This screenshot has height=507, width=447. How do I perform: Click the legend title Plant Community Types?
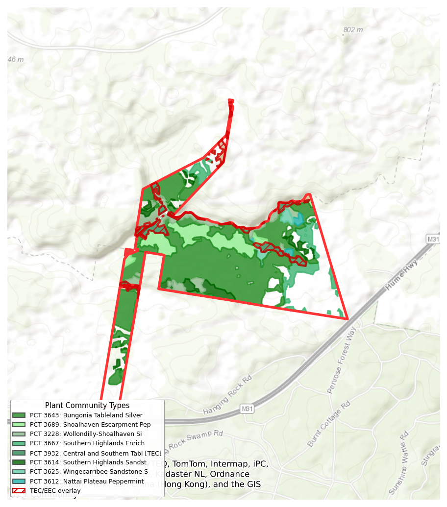(x=87, y=406)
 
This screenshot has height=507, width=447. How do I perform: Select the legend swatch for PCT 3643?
(x=19, y=415)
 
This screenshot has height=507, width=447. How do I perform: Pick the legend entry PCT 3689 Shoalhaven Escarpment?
(x=89, y=425)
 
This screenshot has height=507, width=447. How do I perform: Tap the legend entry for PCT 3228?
(x=86, y=434)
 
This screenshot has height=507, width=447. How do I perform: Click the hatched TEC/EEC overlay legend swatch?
(x=19, y=490)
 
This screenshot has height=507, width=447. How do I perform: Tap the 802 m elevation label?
(x=353, y=30)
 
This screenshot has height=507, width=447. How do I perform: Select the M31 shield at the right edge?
(x=433, y=239)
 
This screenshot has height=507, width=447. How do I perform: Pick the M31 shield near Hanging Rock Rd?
(x=247, y=409)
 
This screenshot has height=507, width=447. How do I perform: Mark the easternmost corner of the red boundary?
(x=347, y=318)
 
